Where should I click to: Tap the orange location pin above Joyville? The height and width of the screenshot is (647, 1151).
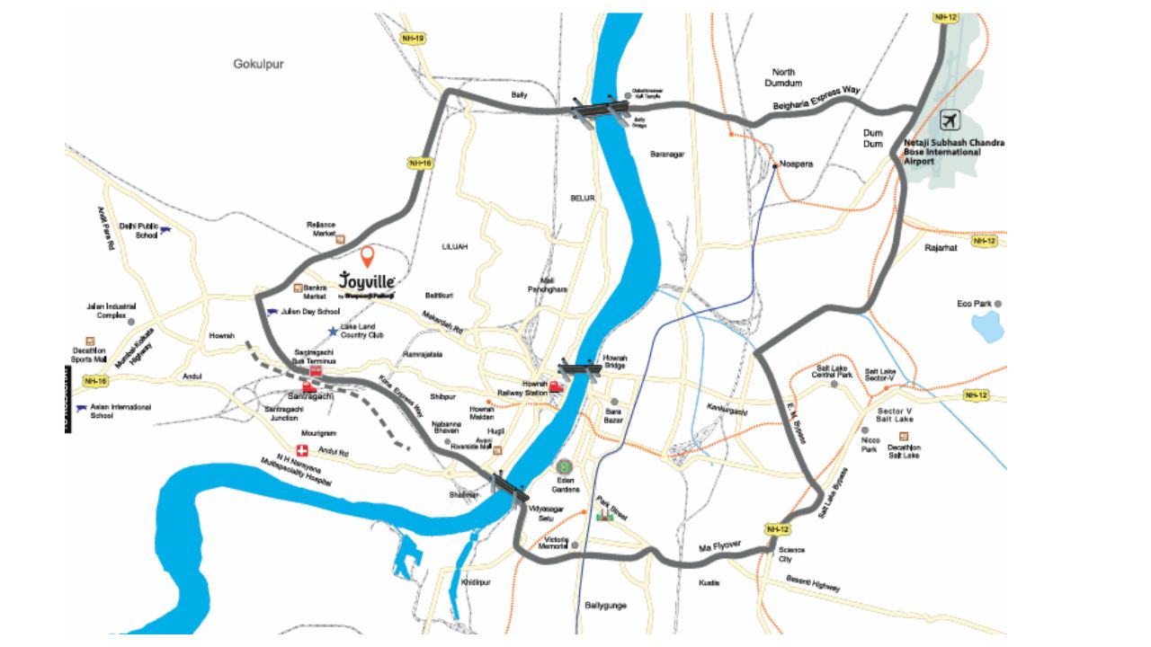point(367,258)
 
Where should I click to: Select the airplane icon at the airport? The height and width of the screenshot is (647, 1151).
point(949,120)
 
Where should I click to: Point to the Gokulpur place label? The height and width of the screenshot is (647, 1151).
point(258,65)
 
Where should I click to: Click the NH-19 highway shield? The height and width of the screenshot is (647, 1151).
point(413,39)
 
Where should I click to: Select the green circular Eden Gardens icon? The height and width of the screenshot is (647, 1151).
point(565,467)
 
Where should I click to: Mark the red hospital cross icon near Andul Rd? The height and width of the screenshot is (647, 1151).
point(303,450)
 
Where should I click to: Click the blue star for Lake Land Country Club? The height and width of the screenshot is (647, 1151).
point(333,331)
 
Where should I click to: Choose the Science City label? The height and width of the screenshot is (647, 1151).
point(791,554)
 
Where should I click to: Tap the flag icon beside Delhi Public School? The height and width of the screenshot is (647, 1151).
point(165,231)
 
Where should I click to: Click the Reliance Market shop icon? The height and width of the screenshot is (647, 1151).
point(341,239)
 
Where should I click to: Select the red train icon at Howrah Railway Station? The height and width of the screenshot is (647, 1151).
point(556,386)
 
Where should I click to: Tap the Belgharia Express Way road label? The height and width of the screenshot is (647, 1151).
point(816,100)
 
